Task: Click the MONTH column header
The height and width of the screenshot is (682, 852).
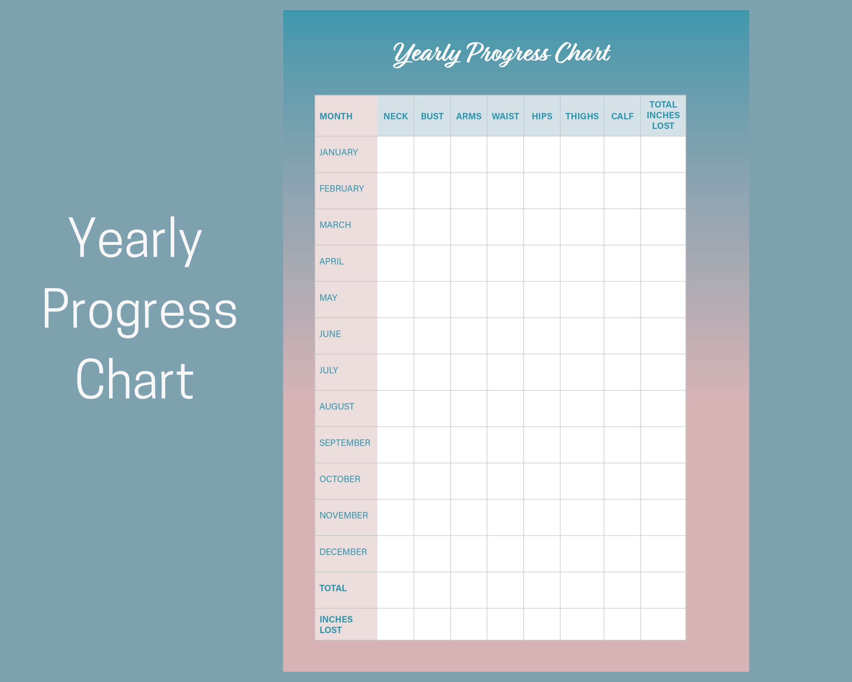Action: [x=336, y=116]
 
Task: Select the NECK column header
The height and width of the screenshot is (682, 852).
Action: [x=396, y=116]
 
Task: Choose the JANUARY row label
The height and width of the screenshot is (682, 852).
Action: [x=339, y=152]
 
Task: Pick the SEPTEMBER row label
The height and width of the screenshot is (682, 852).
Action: [x=344, y=443]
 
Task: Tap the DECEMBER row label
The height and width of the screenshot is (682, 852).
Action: [x=343, y=552]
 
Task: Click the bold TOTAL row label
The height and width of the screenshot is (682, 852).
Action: [x=333, y=588]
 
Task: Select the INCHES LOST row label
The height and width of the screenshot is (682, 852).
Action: [x=336, y=625]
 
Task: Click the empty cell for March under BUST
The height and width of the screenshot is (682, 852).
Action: [x=432, y=227]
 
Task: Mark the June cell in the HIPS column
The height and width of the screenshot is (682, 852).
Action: [x=542, y=336]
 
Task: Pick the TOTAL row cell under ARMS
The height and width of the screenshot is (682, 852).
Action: [x=469, y=590]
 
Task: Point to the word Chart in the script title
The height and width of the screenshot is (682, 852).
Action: [x=582, y=53]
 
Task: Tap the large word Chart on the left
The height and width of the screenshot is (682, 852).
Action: [x=135, y=380]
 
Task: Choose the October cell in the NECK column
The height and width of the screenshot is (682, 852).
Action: [x=396, y=481]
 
